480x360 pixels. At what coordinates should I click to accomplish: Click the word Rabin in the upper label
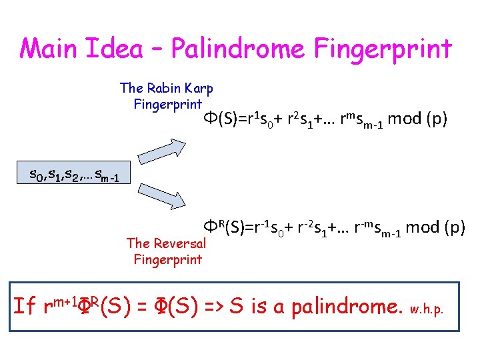tap(164, 88)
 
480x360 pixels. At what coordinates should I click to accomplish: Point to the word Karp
tap(199, 88)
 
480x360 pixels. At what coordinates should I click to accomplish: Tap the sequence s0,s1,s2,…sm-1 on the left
tap(74, 176)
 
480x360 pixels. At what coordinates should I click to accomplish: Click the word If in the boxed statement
tap(25, 307)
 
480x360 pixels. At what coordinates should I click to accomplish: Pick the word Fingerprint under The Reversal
tap(167, 259)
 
